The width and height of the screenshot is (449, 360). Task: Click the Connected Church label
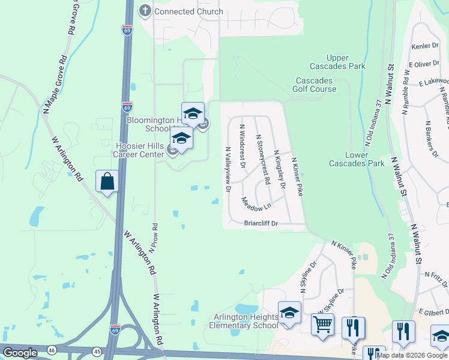click(188, 11)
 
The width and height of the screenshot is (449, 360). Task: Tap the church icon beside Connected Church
click(145, 11)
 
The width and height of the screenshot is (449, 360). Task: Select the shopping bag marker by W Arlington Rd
click(107, 181)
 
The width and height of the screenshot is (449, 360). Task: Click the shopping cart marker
click(322, 325)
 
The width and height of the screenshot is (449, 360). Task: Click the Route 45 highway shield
click(97, 350)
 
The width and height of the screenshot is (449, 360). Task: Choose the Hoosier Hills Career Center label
click(140, 149)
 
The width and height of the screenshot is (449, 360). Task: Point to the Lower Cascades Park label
click(356, 158)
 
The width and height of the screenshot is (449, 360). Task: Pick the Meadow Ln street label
click(256, 204)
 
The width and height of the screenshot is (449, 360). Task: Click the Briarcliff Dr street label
click(261, 223)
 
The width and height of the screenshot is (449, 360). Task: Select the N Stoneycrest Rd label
click(262, 159)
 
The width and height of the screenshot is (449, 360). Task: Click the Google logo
click(20, 353)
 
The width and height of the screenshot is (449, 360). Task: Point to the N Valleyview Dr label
click(228, 169)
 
